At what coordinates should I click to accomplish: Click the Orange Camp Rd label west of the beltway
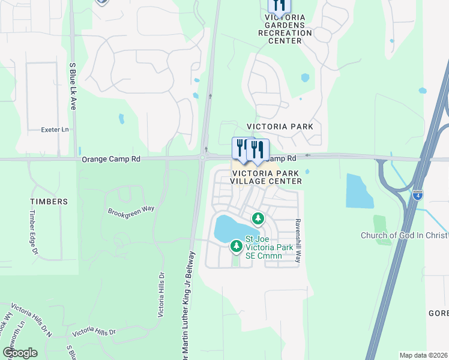coord(111,160)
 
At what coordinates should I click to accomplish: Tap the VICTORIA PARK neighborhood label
coord(280,127)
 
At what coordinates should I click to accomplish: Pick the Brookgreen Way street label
coord(131,211)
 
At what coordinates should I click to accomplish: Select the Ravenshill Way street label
coord(297,239)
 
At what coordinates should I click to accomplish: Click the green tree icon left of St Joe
coord(237,245)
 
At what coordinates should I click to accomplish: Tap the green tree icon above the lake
coord(258,218)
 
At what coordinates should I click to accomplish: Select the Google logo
coord(20,353)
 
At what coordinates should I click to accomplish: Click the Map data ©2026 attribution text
coord(423,355)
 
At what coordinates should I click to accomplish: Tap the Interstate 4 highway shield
coord(418,194)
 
